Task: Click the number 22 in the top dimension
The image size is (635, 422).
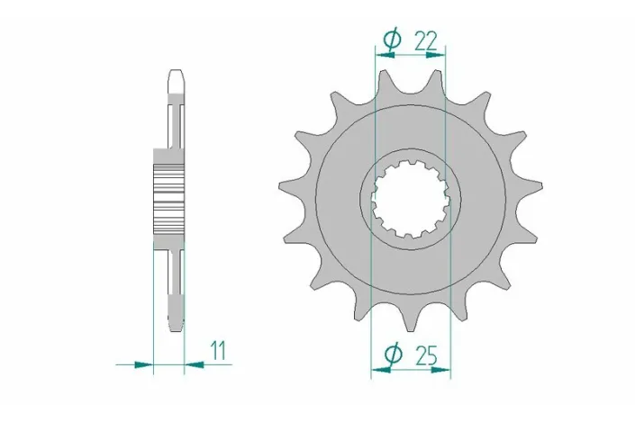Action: point(426,40)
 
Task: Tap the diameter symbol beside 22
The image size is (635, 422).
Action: point(390,40)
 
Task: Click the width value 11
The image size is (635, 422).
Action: point(218,351)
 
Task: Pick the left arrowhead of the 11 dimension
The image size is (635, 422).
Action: point(143,365)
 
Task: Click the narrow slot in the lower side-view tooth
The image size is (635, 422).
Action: point(177,283)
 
